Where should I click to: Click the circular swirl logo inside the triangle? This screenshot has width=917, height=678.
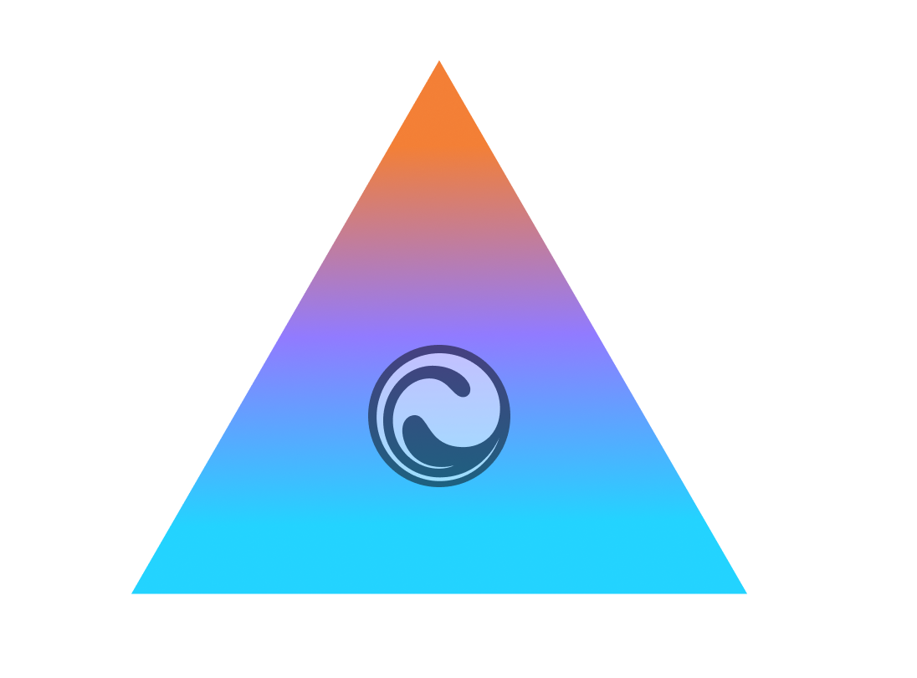click(439, 415)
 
